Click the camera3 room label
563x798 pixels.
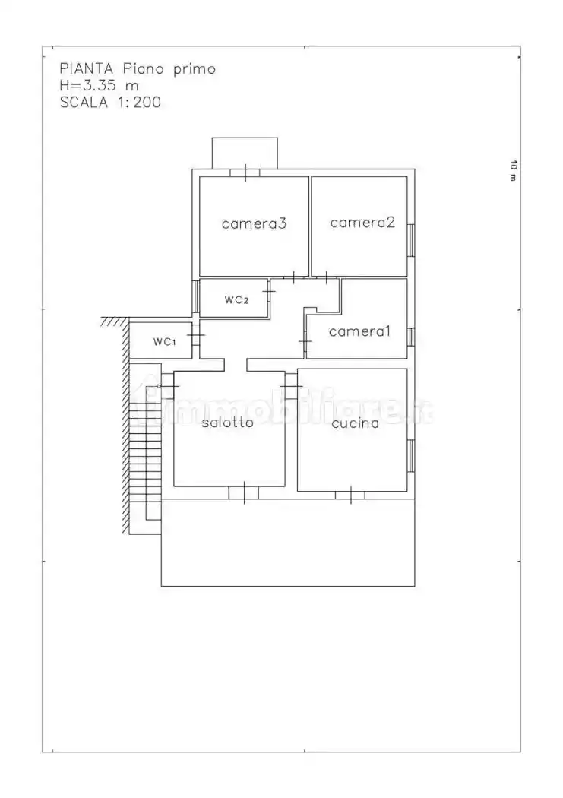(255, 223)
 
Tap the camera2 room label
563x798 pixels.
(363, 223)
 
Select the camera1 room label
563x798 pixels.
(359, 331)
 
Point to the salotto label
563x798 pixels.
(227, 423)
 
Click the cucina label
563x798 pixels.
(355, 423)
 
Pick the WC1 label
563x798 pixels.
(164, 342)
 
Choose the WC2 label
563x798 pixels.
(236, 300)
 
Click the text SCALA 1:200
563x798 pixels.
(110, 103)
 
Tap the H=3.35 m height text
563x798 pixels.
(99, 86)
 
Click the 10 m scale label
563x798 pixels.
(513, 171)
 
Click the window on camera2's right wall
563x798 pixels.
(411, 240)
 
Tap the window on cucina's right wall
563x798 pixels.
(411, 455)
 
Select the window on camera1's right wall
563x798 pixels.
(411, 336)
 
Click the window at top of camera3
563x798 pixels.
(245, 173)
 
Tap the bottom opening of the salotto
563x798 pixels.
(243, 493)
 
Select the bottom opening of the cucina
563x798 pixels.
(350, 496)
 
